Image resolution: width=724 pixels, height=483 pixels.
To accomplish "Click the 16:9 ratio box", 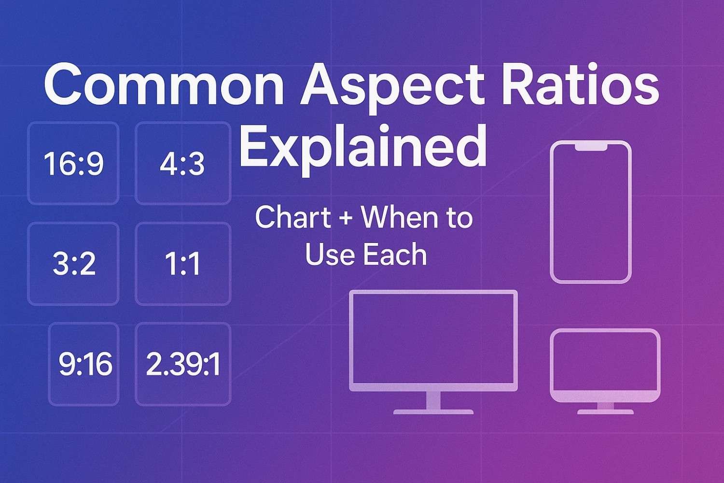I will (x=73, y=164).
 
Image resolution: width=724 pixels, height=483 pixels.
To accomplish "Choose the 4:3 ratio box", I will (x=182, y=164).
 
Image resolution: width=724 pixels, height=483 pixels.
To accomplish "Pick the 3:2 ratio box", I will (x=73, y=264).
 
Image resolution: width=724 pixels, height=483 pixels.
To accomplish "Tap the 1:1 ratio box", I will (x=182, y=264).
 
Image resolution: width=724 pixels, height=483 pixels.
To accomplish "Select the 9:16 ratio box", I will (x=84, y=364).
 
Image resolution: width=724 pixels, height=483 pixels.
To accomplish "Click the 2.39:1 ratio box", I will (x=182, y=364).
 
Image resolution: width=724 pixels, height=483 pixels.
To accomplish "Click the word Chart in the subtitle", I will (x=293, y=218).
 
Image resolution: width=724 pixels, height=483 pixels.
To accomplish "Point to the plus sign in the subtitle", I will (x=346, y=219).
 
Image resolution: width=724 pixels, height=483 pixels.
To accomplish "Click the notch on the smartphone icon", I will (x=591, y=146).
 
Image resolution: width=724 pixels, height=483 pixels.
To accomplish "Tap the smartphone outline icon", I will (x=591, y=213).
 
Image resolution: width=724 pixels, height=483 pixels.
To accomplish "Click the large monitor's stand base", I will (x=433, y=412).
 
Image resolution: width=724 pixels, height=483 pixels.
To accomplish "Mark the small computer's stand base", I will (x=605, y=412).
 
